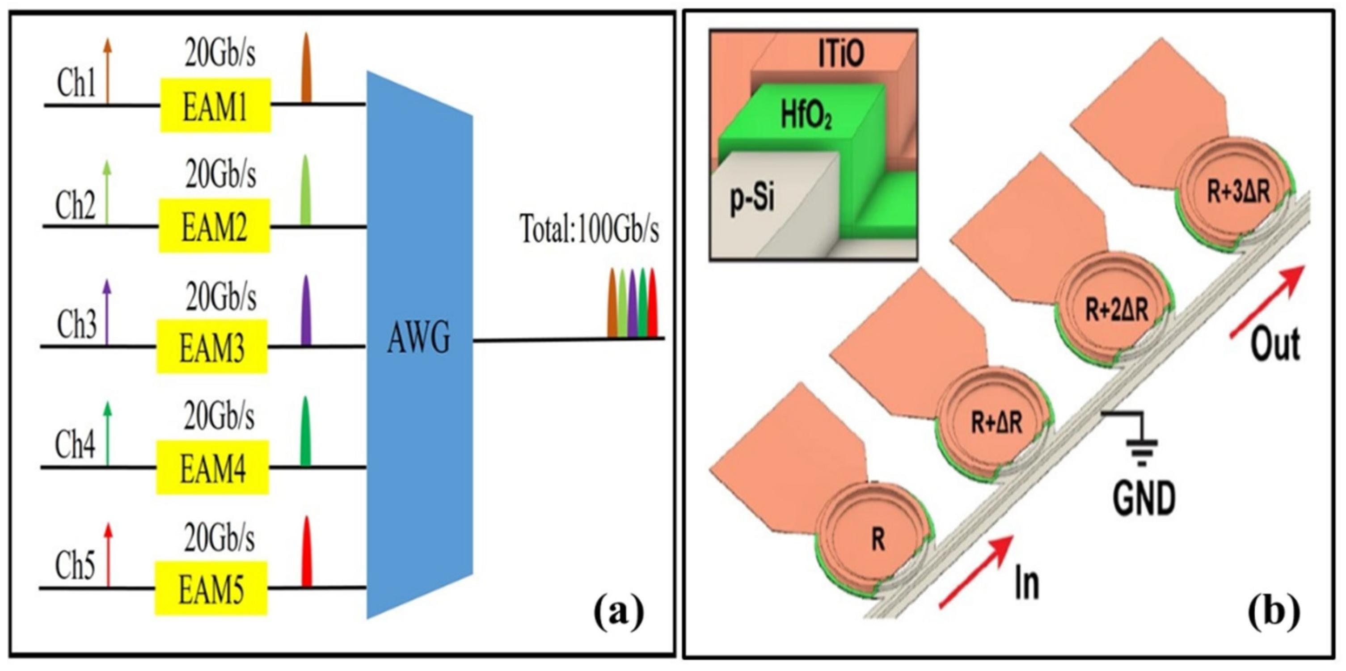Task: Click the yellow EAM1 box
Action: pos(215,105)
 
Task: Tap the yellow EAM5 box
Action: pos(211,588)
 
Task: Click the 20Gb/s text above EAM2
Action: pos(220,174)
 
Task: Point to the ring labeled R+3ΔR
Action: pos(1237,192)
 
